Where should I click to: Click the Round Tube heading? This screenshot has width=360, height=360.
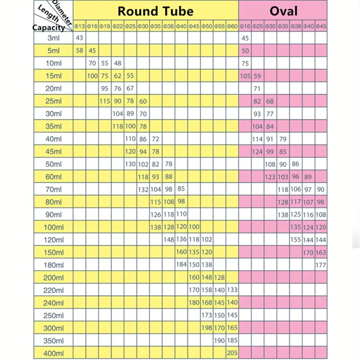156,11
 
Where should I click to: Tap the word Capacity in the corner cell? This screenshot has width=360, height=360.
48,28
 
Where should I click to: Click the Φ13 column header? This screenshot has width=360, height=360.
80,26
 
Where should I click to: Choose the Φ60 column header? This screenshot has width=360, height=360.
232,26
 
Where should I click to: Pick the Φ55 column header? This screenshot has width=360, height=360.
219,26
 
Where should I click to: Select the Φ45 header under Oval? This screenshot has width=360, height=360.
321,26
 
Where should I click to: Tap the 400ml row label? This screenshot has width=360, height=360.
53,353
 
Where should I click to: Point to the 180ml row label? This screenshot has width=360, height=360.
53,265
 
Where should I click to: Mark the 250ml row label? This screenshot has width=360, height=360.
53,315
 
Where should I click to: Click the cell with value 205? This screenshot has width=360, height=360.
232,353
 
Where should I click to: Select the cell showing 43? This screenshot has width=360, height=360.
80,38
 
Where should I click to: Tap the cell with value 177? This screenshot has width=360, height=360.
321,265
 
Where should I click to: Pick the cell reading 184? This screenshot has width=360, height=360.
181,265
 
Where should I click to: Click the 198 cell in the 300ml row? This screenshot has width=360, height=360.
207,328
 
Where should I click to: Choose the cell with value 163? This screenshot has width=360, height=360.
321,252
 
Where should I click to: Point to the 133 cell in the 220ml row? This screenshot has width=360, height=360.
232,290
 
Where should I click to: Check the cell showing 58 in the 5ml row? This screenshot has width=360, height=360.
80,50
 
